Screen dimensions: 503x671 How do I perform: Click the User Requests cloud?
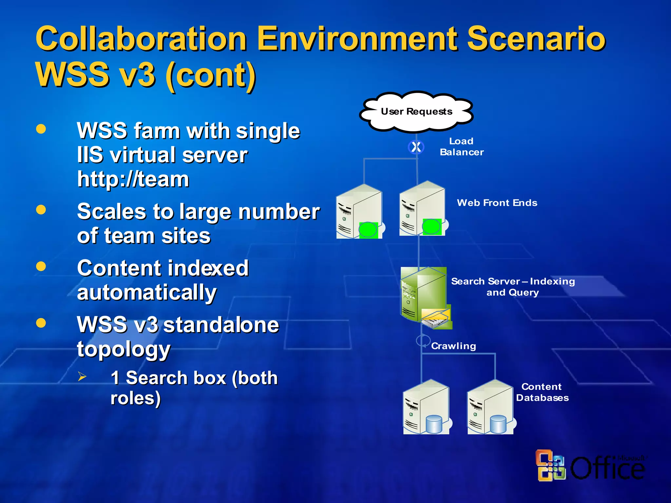tap(416, 112)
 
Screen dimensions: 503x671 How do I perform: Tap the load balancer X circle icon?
tap(416, 147)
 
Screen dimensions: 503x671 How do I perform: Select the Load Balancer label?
tap(461, 147)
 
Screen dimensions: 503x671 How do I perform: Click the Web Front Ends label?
tap(497, 203)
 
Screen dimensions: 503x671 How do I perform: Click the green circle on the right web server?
tap(431, 226)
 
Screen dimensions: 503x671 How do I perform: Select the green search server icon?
tap(424, 295)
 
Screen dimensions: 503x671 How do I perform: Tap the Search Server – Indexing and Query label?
tap(513, 287)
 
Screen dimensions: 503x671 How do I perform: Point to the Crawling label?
tap(453, 346)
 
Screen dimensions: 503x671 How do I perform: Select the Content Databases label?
tap(542, 392)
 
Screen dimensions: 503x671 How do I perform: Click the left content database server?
tap(426, 407)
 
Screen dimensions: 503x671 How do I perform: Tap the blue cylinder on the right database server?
tap(498, 424)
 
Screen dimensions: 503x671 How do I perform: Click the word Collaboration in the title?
tap(141, 39)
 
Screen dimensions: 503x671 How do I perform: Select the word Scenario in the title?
tap(536, 39)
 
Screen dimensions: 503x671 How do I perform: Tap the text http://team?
tap(133, 179)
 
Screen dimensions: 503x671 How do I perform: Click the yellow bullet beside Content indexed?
tap(41, 266)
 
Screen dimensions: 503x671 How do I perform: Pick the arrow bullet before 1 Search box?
tap(82, 377)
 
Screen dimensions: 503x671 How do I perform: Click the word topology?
tap(124, 349)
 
